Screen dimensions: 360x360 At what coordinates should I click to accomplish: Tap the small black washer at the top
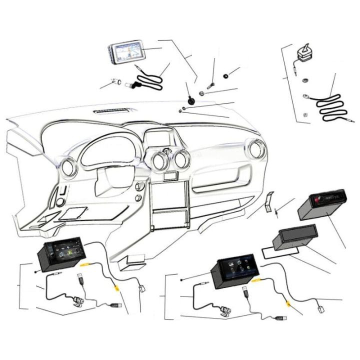click(x=226, y=76)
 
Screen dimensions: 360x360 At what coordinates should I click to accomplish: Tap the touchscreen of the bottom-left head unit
click(x=65, y=252)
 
